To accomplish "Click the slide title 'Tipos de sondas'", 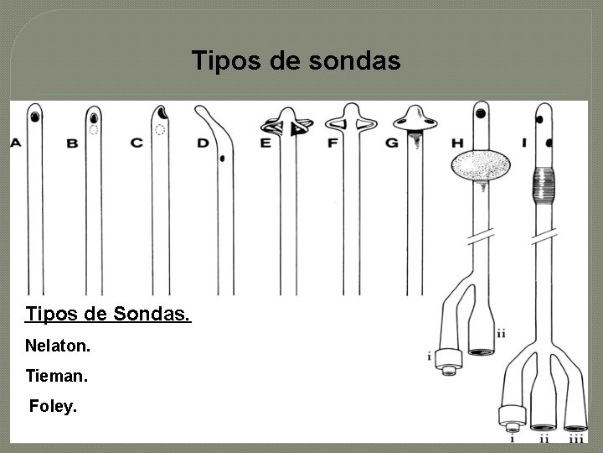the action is point(296,61).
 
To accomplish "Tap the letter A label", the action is point(16,143).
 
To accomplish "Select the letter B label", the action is point(72,144).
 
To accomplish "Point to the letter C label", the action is point(137,143).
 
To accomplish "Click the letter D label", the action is point(203,143).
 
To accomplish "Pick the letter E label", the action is point(265,143).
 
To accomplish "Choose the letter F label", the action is point(332,143).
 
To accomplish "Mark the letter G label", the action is point(391,143).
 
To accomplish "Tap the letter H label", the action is point(456,143).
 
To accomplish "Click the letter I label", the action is point(523,143).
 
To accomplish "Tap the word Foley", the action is point(53,407).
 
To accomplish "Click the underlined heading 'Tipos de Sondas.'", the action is point(108,315).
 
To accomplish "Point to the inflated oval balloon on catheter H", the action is point(481,164).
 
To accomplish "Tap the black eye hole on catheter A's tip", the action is point(35,117).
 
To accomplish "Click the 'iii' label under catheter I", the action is point(576,437).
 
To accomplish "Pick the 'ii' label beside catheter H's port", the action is point(501,334).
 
